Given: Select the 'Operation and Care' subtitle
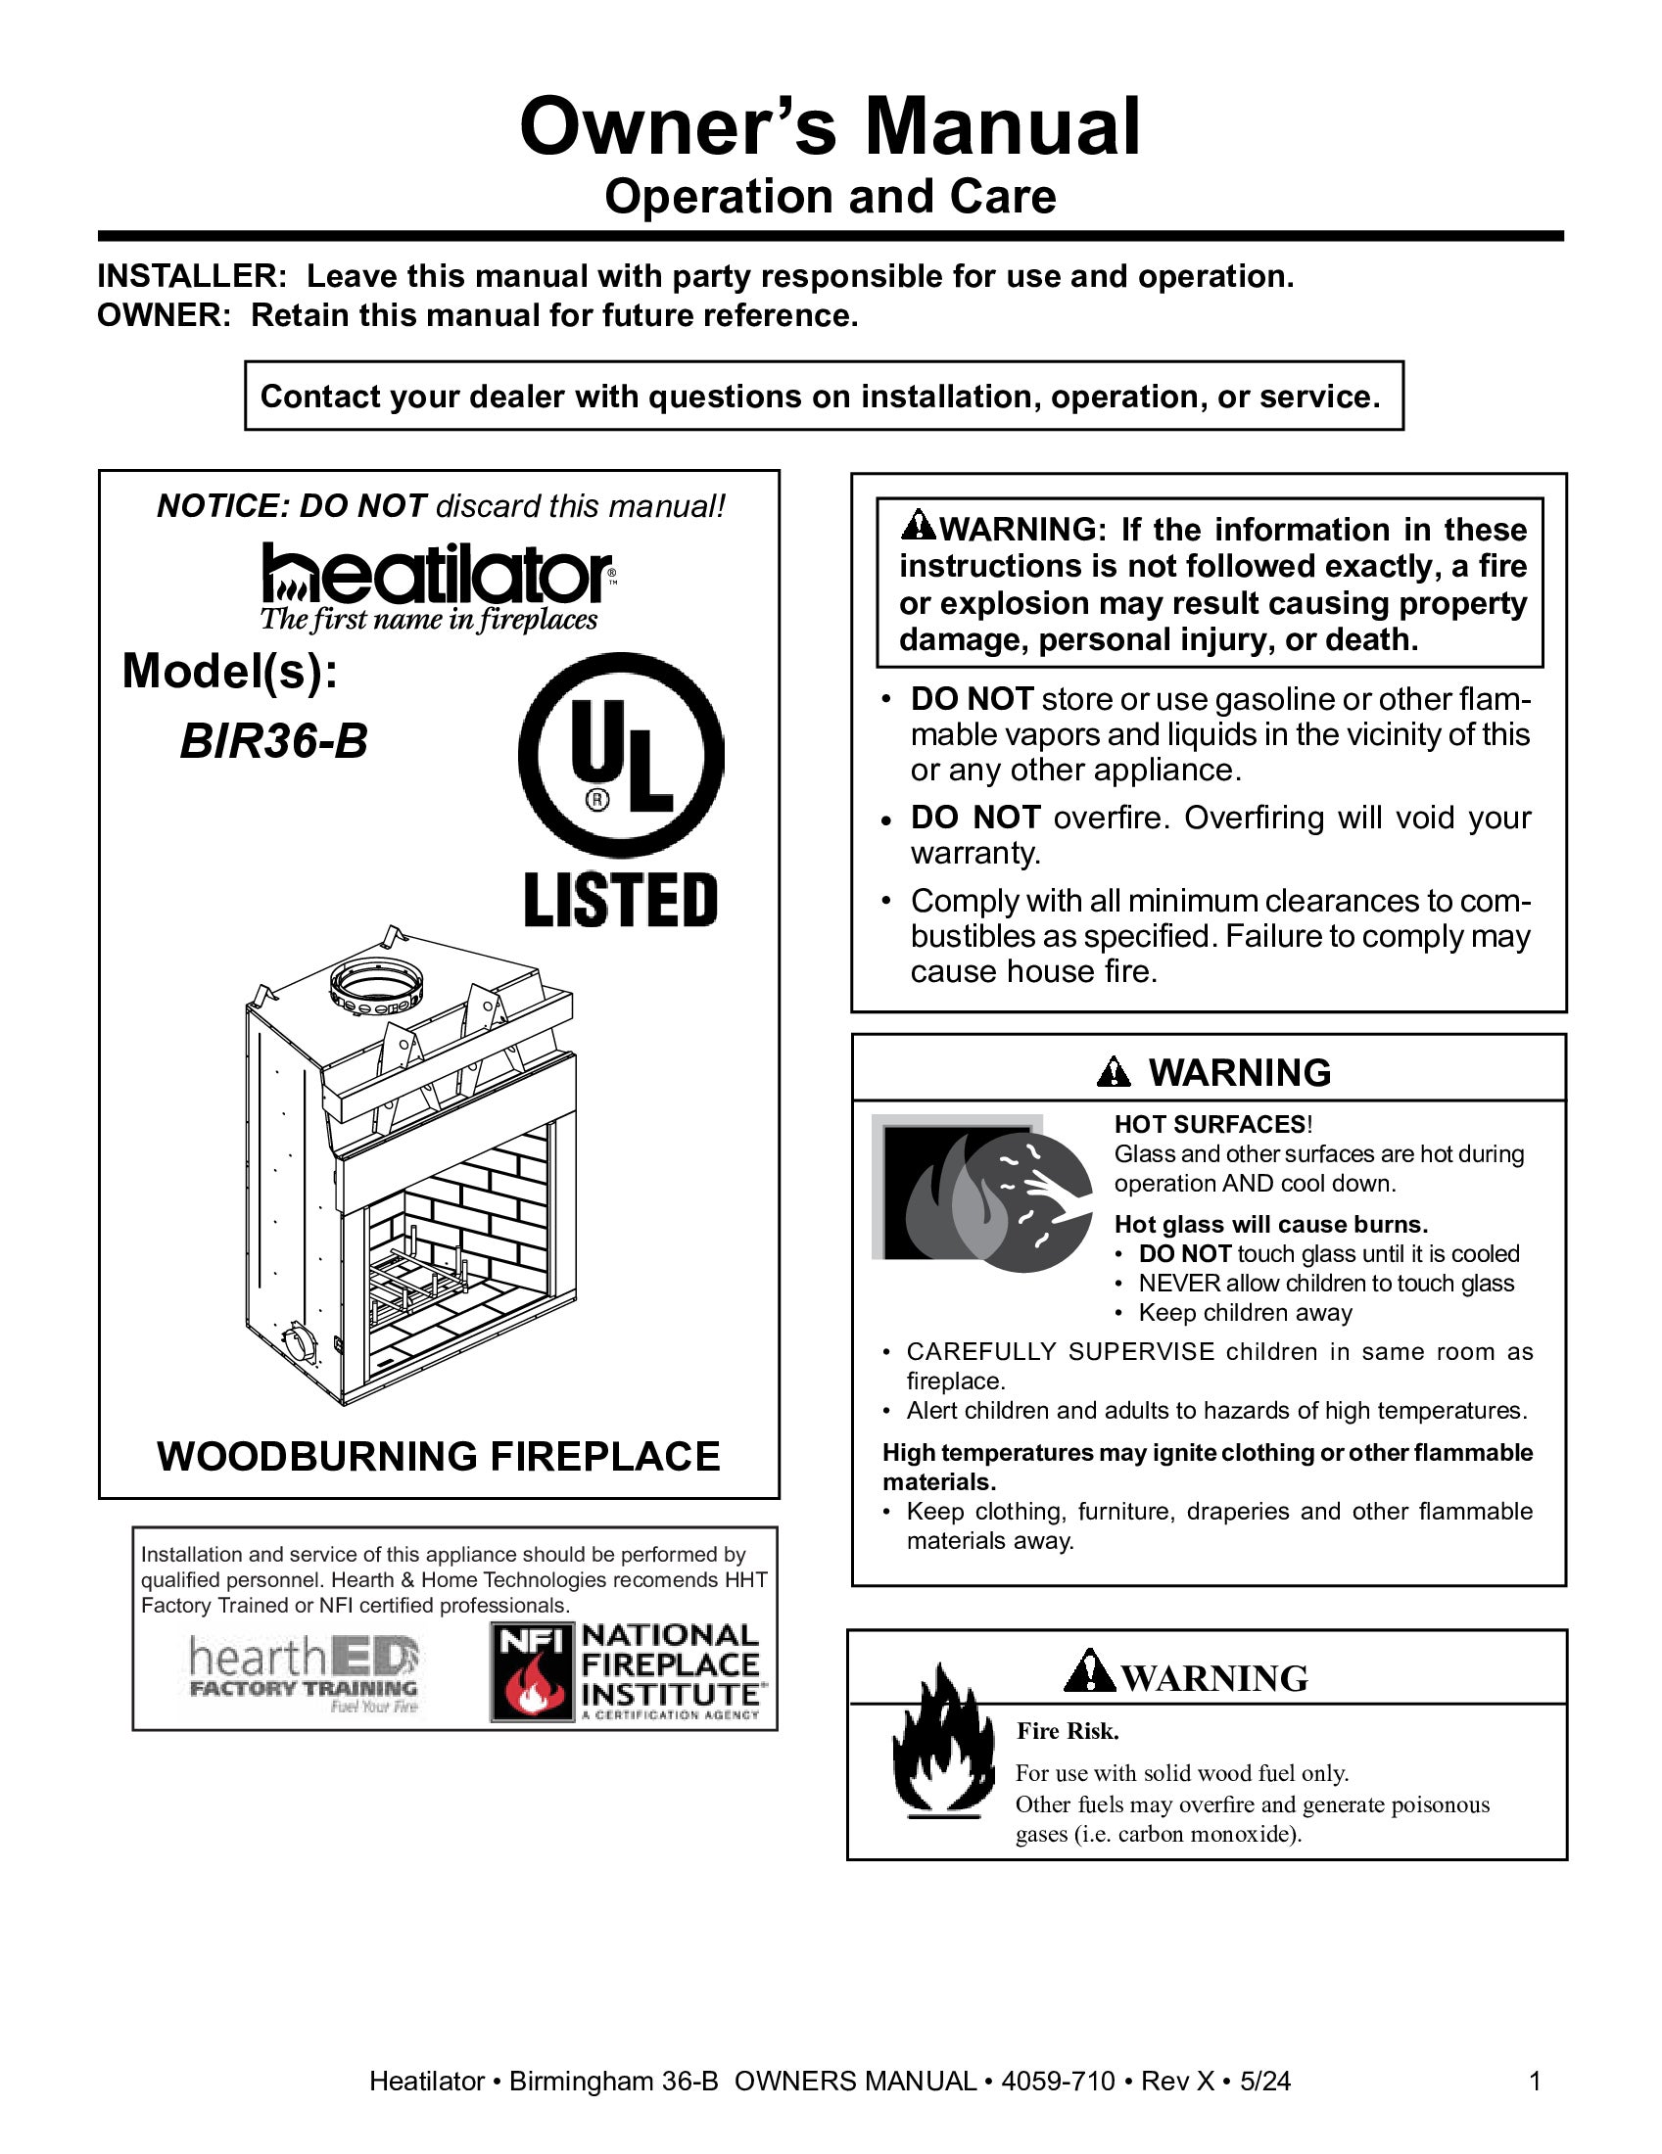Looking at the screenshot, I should pyautogui.click(x=830, y=196).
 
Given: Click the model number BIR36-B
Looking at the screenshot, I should pyautogui.click(x=273, y=742).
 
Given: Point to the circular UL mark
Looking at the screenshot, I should pyautogui.click(x=620, y=755).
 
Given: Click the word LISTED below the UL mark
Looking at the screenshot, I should pyautogui.click(x=620, y=900).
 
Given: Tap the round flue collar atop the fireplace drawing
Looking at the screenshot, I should pyautogui.click(x=376, y=982).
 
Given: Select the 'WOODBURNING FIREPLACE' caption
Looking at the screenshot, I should pyautogui.click(x=438, y=1457).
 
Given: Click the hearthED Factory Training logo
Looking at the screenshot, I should pyautogui.click(x=304, y=1674).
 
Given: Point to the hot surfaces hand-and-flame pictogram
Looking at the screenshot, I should pyautogui.click(x=983, y=1194).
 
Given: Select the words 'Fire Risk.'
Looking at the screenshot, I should pyautogui.click(x=1068, y=1731).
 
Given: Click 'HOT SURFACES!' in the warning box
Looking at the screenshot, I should pyautogui.click(x=1212, y=1124).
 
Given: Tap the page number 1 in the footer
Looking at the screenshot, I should pyautogui.click(x=1534, y=2081).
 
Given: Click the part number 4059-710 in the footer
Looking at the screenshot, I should pyautogui.click(x=1058, y=2081).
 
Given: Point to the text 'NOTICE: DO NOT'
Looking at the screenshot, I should pyautogui.click(x=291, y=506).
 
